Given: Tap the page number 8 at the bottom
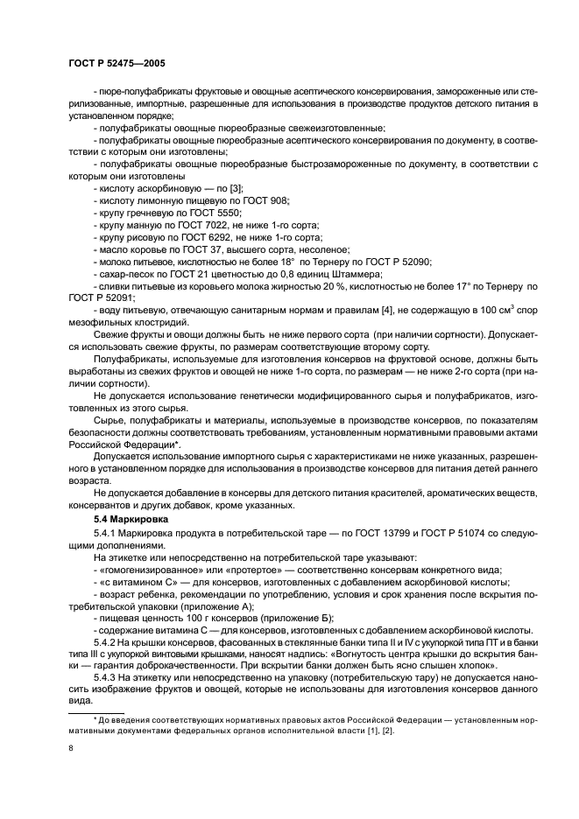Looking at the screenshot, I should [x=70, y=748].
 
